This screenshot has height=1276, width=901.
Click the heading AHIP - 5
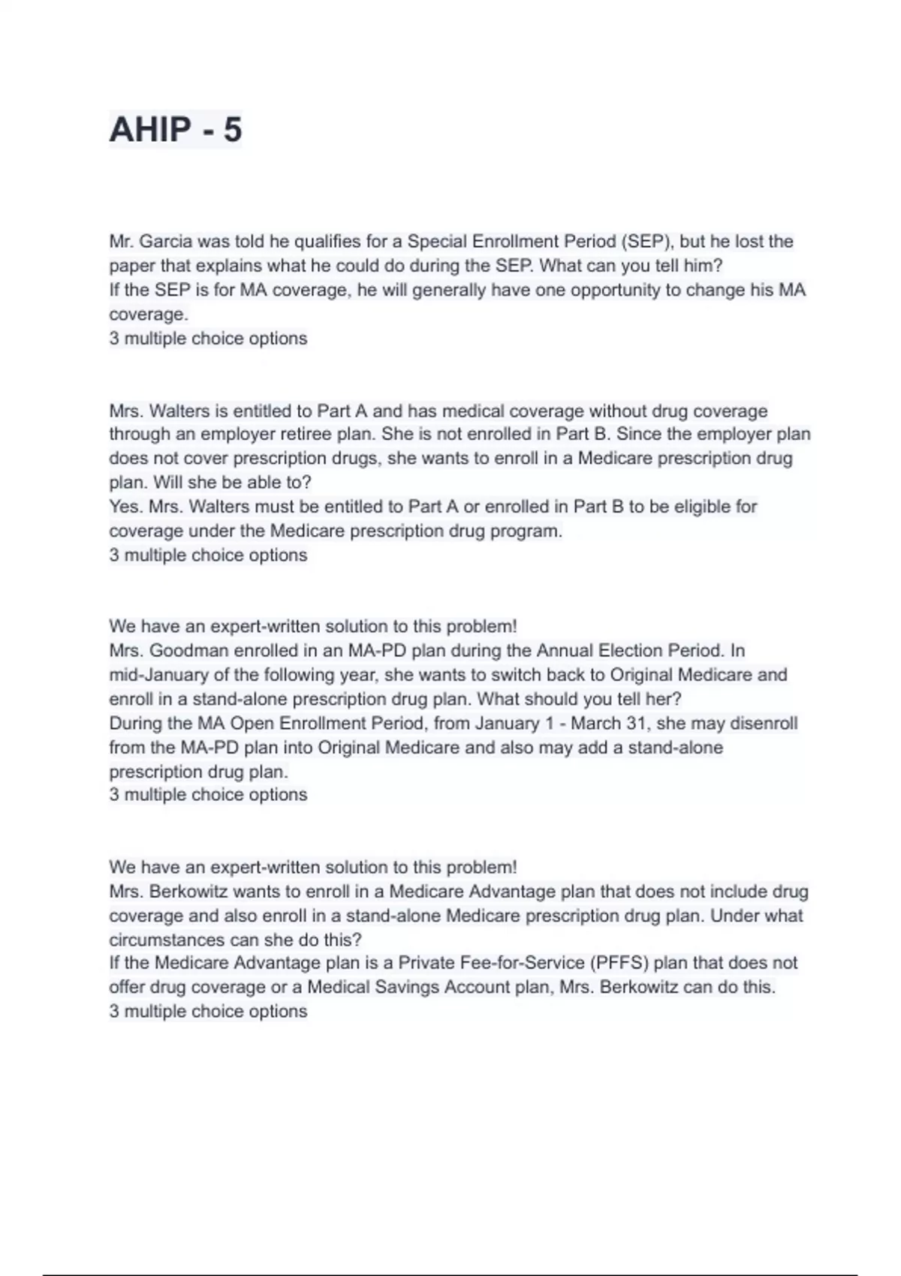tap(176, 129)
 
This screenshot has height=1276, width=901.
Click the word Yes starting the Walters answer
tap(125, 507)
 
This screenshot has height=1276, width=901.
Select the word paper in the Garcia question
tap(131, 266)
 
